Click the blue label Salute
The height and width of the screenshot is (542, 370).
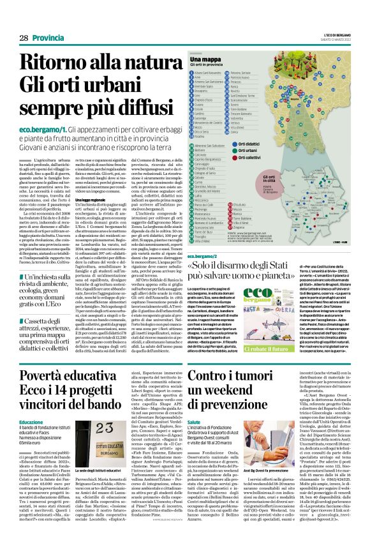tap(194, 423)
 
